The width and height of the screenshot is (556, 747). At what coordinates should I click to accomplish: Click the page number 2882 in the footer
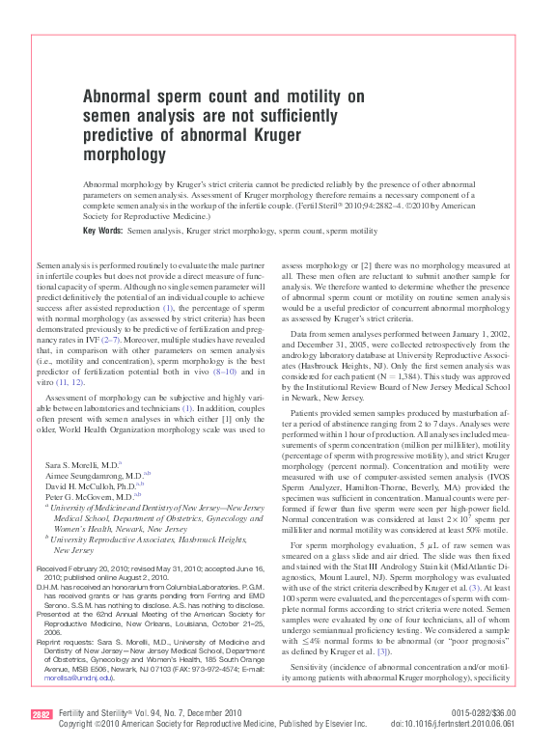[42, 714]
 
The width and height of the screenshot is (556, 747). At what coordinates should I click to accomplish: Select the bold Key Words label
[103, 232]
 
